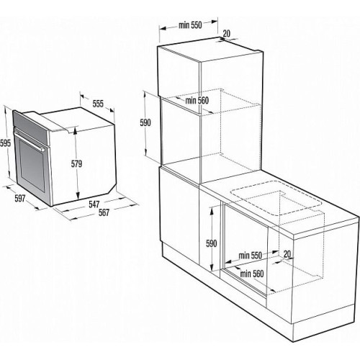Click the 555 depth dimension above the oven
(98, 104)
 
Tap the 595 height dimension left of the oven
(5, 143)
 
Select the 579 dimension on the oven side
(76, 164)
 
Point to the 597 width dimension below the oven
(20, 199)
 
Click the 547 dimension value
(94, 204)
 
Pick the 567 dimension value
(104, 212)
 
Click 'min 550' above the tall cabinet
(190, 25)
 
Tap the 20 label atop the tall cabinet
(226, 33)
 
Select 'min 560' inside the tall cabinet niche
(197, 101)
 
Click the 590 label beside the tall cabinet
(145, 122)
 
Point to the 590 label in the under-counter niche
(211, 243)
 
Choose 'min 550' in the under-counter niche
(251, 256)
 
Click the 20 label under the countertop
(287, 254)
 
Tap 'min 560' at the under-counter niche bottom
(252, 274)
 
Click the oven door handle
(30, 141)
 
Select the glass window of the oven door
(32, 166)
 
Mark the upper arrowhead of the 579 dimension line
(76, 130)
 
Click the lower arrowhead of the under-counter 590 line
(212, 267)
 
